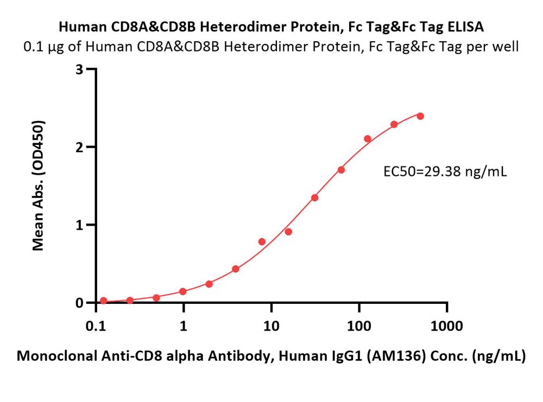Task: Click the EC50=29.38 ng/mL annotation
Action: pos(445,171)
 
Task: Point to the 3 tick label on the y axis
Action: pos(79,69)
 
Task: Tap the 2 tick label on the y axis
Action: pos(79,147)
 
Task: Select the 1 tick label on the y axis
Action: pos(79,225)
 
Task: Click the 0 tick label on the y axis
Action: pos(79,303)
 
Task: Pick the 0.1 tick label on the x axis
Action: pos(96,326)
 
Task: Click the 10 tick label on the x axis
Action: pos(271,326)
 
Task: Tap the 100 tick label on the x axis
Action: pos(359,326)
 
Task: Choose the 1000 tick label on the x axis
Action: pos(447,326)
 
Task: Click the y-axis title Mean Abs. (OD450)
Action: pos(39,186)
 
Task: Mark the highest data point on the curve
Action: pos(420,116)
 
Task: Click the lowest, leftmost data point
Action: pos(103,301)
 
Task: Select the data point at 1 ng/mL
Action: pos(183,292)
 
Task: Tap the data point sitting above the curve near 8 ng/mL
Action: pos(262,241)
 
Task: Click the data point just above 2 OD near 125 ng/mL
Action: pos(368,139)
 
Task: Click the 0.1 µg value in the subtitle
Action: pos(43,47)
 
